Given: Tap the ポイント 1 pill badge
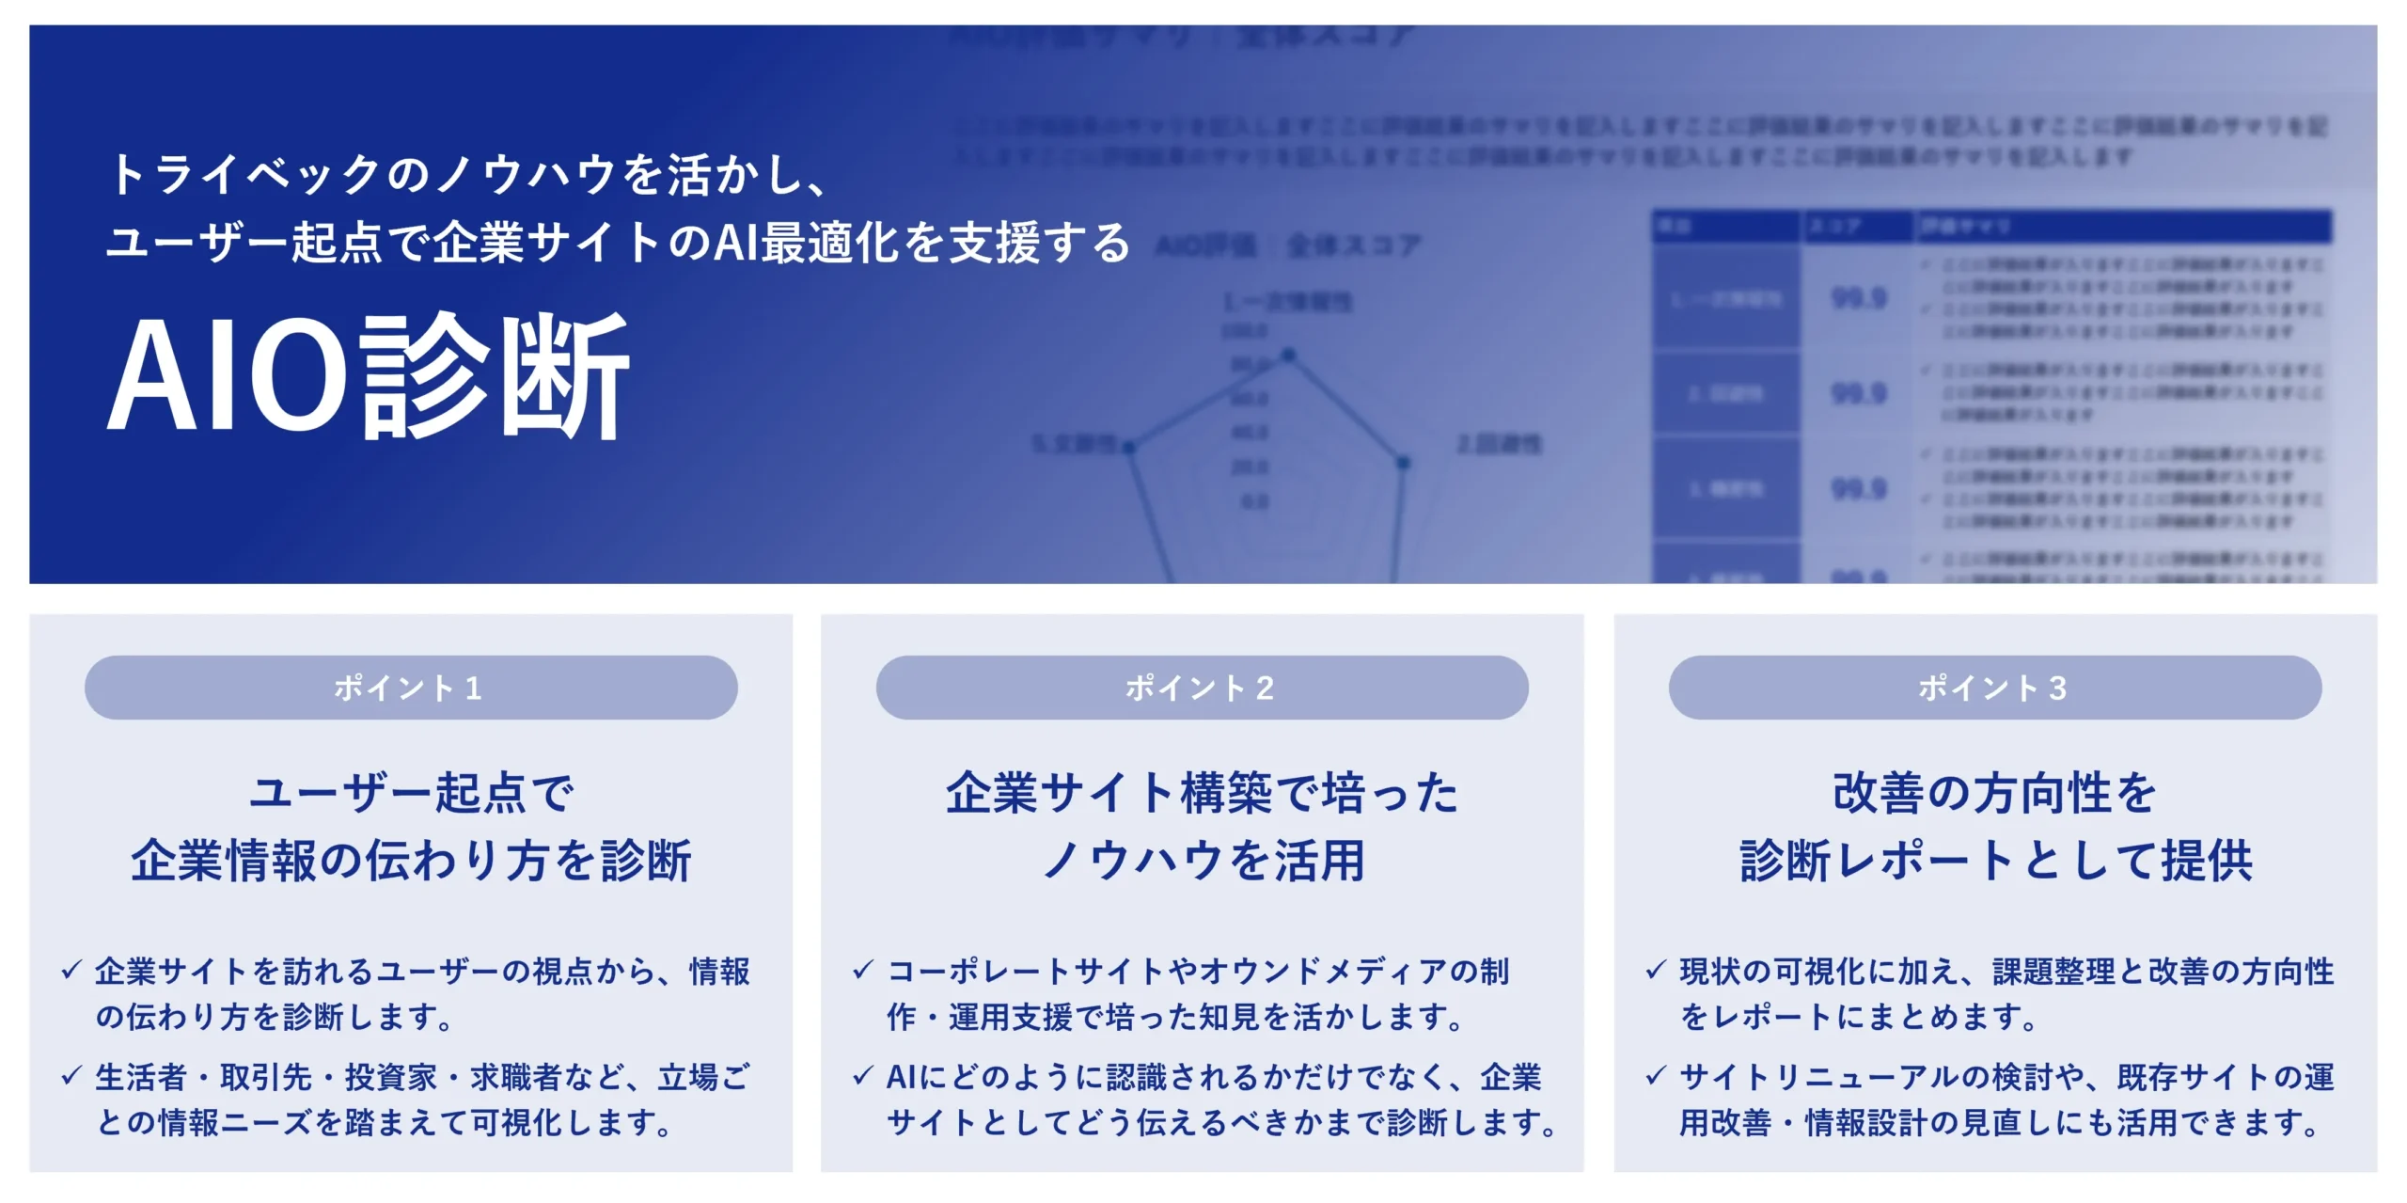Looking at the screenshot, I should (x=411, y=688).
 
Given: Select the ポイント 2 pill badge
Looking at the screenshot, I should (x=1202, y=688).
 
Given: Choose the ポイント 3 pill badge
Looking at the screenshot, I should (x=1994, y=688).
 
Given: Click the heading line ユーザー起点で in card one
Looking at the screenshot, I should (x=411, y=793).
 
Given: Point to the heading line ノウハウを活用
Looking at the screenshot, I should (x=1203, y=861).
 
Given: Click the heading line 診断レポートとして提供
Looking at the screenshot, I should (x=1995, y=861).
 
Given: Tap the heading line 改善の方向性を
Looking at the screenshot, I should (x=1994, y=793).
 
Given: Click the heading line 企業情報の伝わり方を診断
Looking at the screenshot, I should (x=411, y=861).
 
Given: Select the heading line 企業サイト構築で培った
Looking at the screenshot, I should (x=1202, y=793).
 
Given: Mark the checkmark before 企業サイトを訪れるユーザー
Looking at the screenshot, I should (x=71, y=970).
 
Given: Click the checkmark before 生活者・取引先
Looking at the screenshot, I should (x=71, y=1075).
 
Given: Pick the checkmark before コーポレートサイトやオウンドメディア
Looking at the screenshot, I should (x=863, y=970).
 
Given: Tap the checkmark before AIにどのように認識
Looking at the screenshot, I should (x=863, y=1075).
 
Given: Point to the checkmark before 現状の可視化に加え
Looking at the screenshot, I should (x=1656, y=970).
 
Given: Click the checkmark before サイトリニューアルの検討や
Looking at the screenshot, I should (x=1656, y=1075).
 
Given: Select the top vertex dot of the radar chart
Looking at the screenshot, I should (x=1288, y=355).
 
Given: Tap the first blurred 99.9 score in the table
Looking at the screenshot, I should (x=1859, y=299).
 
